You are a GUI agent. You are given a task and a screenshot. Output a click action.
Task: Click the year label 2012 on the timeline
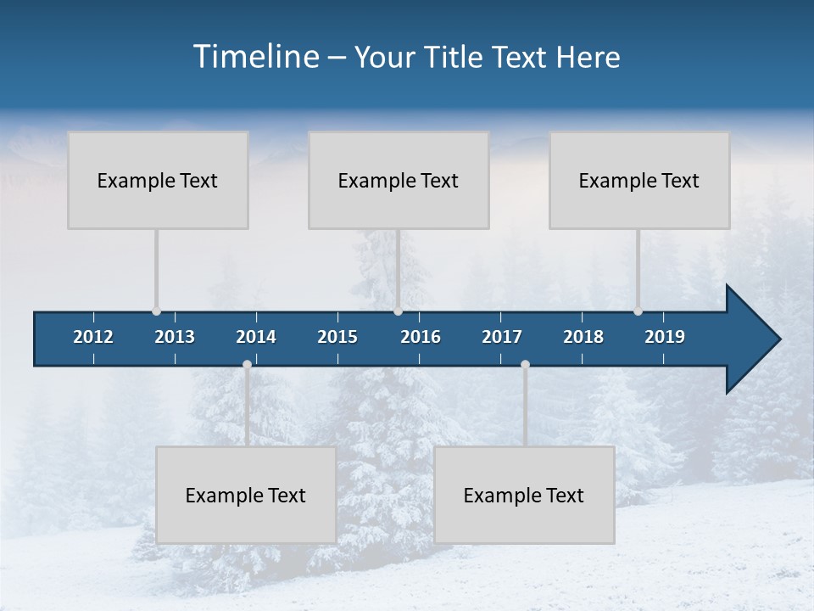click(x=93, y=337)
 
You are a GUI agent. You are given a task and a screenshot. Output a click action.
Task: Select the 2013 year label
click(x=175, y=337)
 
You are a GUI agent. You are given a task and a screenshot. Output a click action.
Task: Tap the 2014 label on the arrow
click(x=256, y=337)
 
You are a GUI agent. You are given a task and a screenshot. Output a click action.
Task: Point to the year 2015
click(x=337, y=337)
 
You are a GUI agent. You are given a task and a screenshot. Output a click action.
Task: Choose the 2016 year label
click(x=421, y=337)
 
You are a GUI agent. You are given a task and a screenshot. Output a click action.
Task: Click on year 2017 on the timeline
click(x=502, y=337)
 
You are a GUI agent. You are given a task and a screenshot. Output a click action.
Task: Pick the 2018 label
click(x=583, y=337)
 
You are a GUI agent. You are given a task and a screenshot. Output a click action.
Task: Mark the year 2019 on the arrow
click(x=665, y=337)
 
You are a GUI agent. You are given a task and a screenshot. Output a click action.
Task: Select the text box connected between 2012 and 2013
click(x=158, y=180)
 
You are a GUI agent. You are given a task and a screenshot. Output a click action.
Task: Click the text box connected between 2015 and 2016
click(x=399, y=180)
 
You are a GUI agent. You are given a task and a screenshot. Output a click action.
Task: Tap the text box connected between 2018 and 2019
click(x=639, y=180)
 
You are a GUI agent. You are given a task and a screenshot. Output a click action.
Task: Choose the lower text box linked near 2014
click(x=246, y=495)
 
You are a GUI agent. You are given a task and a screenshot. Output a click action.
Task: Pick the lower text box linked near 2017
click(x=524, y=495)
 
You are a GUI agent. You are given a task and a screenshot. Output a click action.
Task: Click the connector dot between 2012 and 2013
click(x=156, y=311)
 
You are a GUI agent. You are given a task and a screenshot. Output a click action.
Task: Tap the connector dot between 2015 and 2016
click(x=398, y=311)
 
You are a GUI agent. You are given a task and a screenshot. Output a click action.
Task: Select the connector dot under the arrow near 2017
click(x=525, y=364)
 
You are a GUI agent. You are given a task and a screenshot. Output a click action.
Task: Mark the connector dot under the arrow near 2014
click(x=247, y=364)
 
